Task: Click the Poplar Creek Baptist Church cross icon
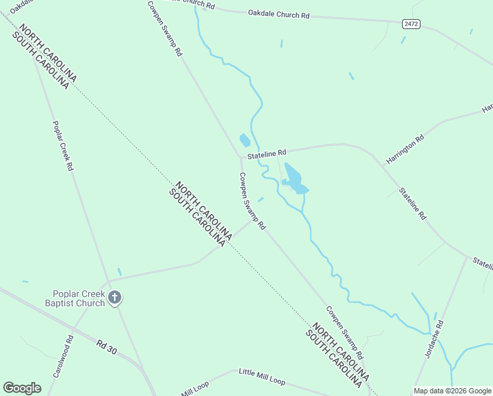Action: (x=115, y=298)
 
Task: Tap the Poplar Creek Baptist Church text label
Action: (x=78, y=298)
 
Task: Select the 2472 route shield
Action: (x=411, y=24)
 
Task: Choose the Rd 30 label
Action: (x=106, y=347)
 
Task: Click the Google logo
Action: (x=22, y=387)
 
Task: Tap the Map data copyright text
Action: (x=452, y=391)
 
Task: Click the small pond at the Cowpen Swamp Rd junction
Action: (x=245, y=140)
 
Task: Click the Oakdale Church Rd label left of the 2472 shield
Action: (x=279, y=14)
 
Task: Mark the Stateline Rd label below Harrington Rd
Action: (x=413, y=204)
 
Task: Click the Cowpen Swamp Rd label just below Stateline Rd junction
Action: (x=252, y=201)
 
